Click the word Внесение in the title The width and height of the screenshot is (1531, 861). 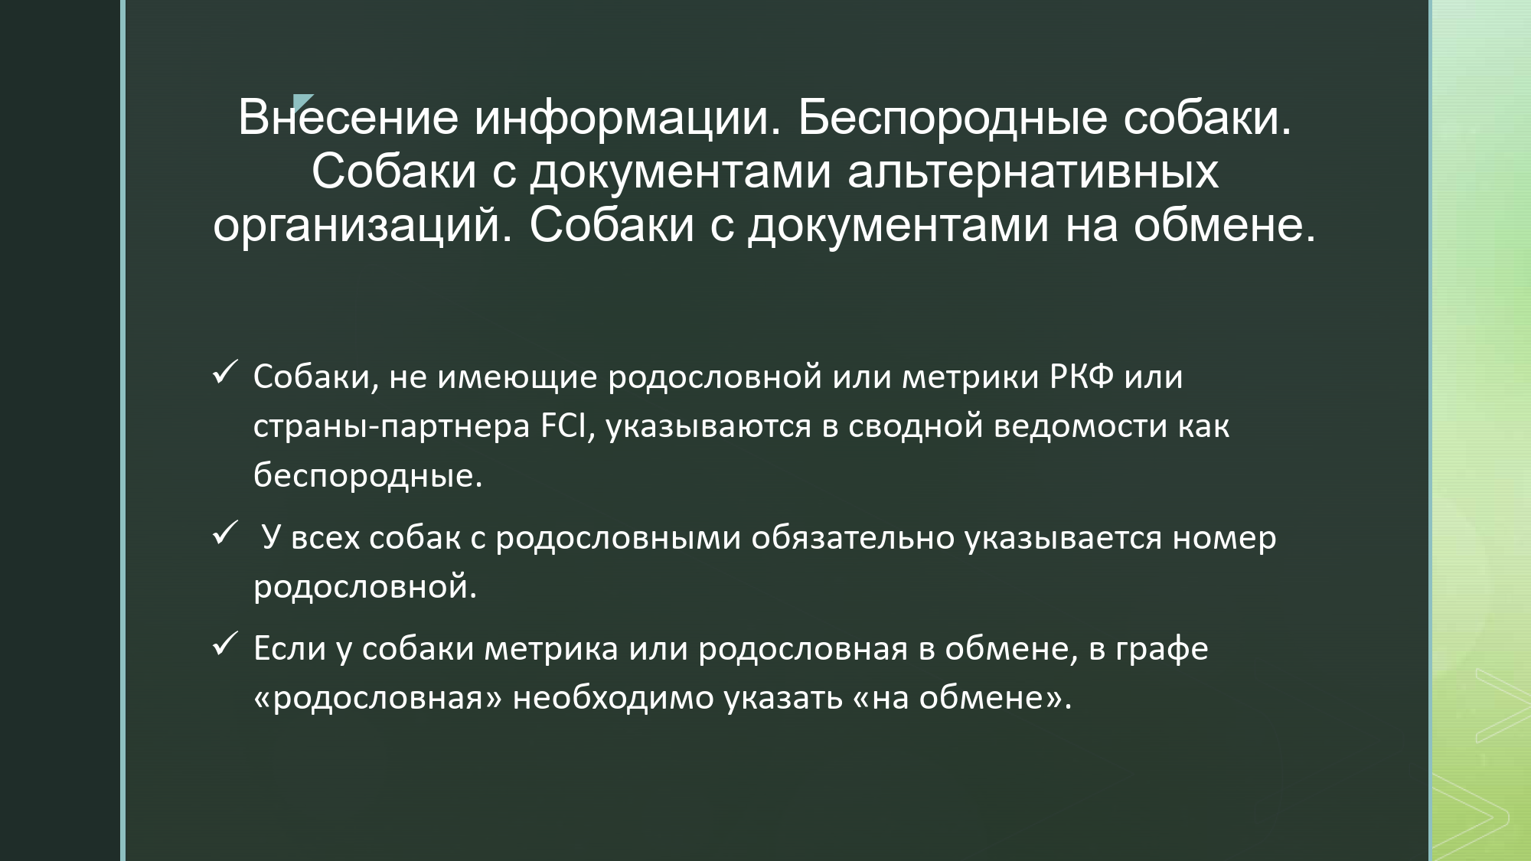tap(348, 118)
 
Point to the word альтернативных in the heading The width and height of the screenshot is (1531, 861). tap(1033, 171)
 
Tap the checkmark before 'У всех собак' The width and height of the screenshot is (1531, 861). tap(224, 533)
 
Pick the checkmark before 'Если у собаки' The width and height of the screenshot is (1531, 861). tap(224, 644)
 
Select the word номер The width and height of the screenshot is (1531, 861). tap(1225, 538)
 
